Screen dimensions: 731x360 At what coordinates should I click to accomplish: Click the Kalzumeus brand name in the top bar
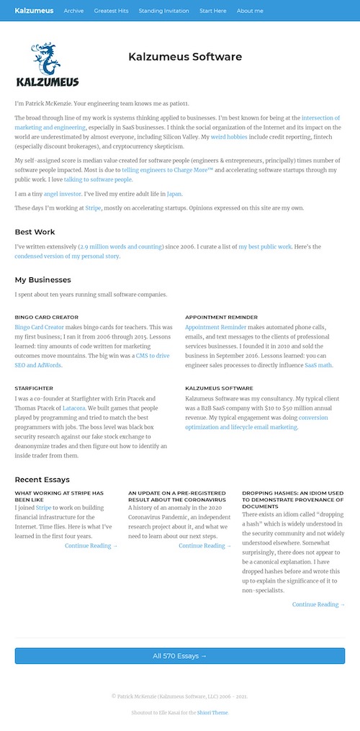coord(34,11)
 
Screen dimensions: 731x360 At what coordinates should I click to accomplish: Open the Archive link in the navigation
coord(73,11)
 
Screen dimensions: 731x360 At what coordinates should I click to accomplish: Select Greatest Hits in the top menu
coord(111,11)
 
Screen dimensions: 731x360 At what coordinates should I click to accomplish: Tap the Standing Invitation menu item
coord(163,11)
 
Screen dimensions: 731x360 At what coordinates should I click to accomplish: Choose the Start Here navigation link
coord(212,11)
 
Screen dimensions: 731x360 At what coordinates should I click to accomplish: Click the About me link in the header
coord(250,11)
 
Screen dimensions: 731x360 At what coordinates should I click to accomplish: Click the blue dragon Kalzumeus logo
coord(48,65)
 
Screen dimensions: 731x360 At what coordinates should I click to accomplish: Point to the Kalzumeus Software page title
coord(185,57)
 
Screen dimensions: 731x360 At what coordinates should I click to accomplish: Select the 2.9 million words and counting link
coord(120,246)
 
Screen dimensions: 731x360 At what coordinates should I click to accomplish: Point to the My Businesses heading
coord(42,279)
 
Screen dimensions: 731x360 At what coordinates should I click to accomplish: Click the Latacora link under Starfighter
coord(74,408)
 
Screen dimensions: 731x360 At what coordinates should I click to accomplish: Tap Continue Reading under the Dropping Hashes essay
coord(318,604)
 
